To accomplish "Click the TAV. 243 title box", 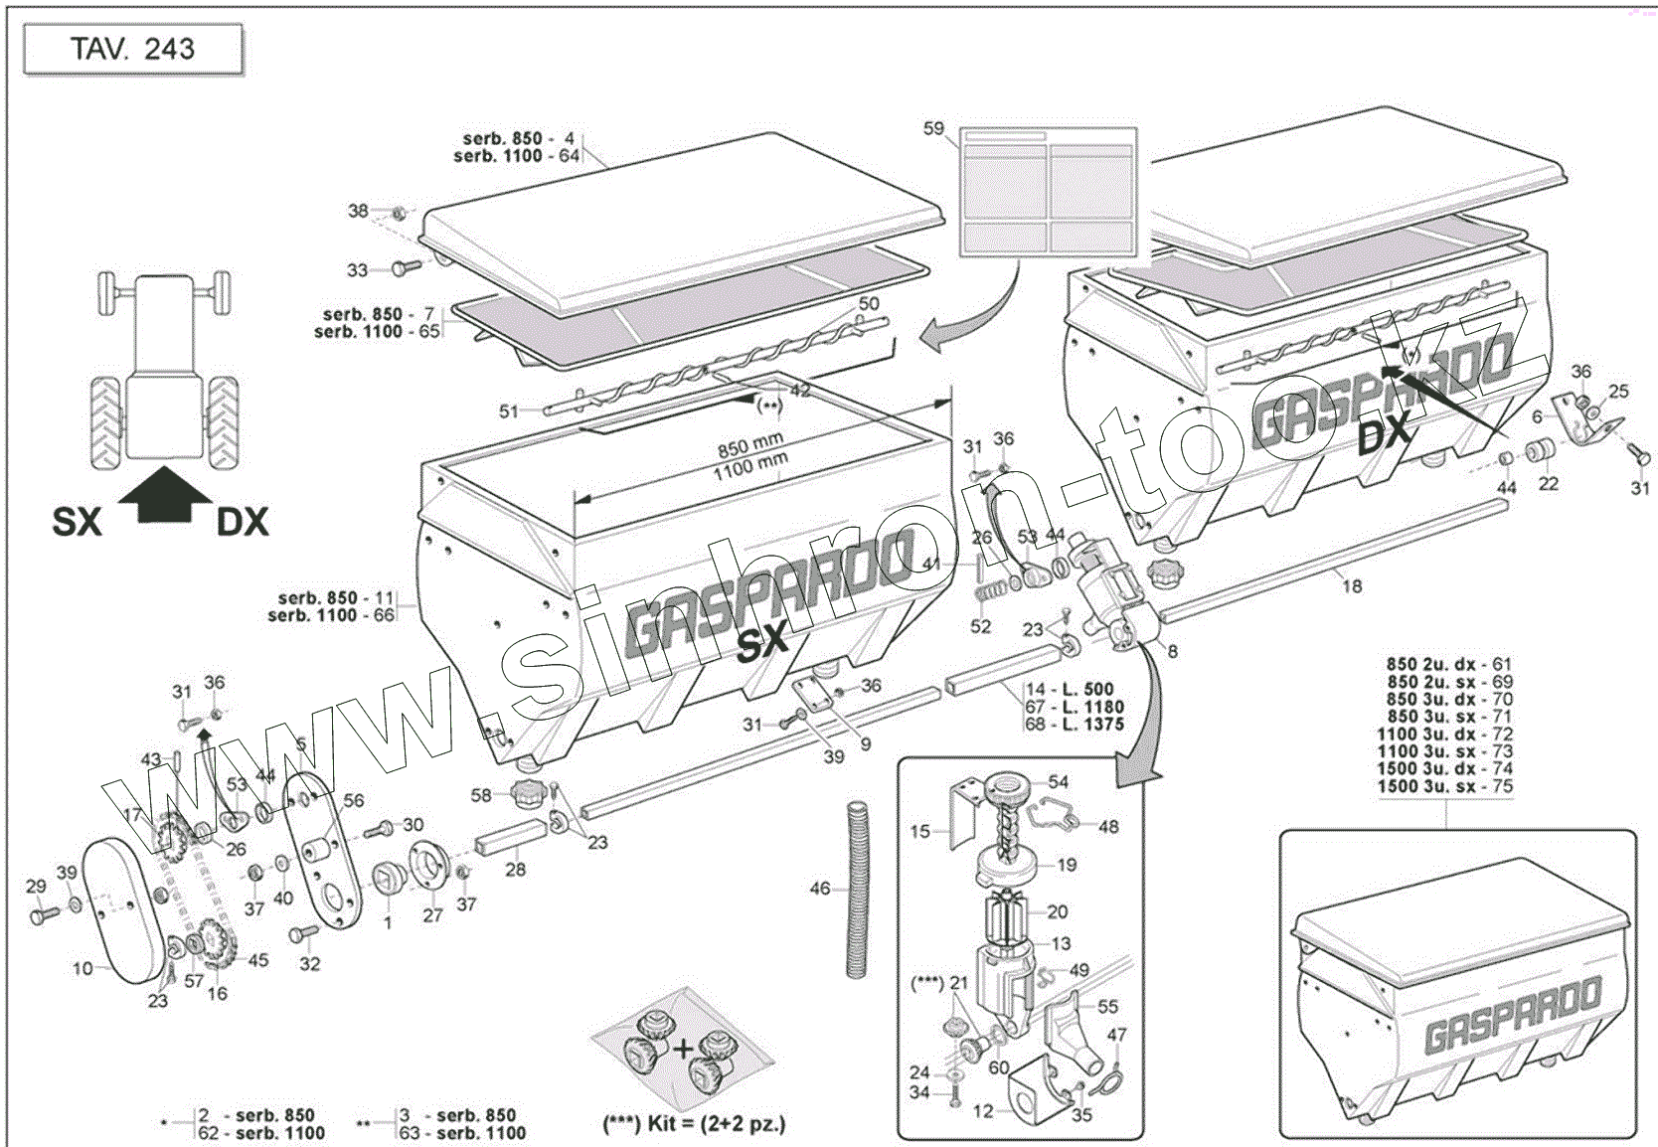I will coord(133,50).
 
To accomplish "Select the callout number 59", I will coord(933,128).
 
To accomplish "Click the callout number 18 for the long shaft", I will coord(1352,586).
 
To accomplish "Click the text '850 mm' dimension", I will coord(749,444).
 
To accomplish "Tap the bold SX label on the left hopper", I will coord(761,643).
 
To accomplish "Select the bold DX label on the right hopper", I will coord(1384,433).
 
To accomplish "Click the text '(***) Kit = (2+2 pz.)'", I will coord(694,1124).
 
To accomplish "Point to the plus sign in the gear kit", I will coord(683,1049).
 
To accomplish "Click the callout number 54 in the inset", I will coord(1058,782).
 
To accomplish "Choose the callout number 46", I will coord(820,888).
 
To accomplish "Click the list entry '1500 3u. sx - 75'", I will coord(1444,786).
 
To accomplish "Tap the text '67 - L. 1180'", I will coord(1075,707).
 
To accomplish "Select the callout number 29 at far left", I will coord(36,887).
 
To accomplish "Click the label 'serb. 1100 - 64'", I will coord(516,156).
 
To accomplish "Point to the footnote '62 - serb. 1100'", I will coord(262,1133).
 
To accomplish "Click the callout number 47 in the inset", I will coord(1117,1035).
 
